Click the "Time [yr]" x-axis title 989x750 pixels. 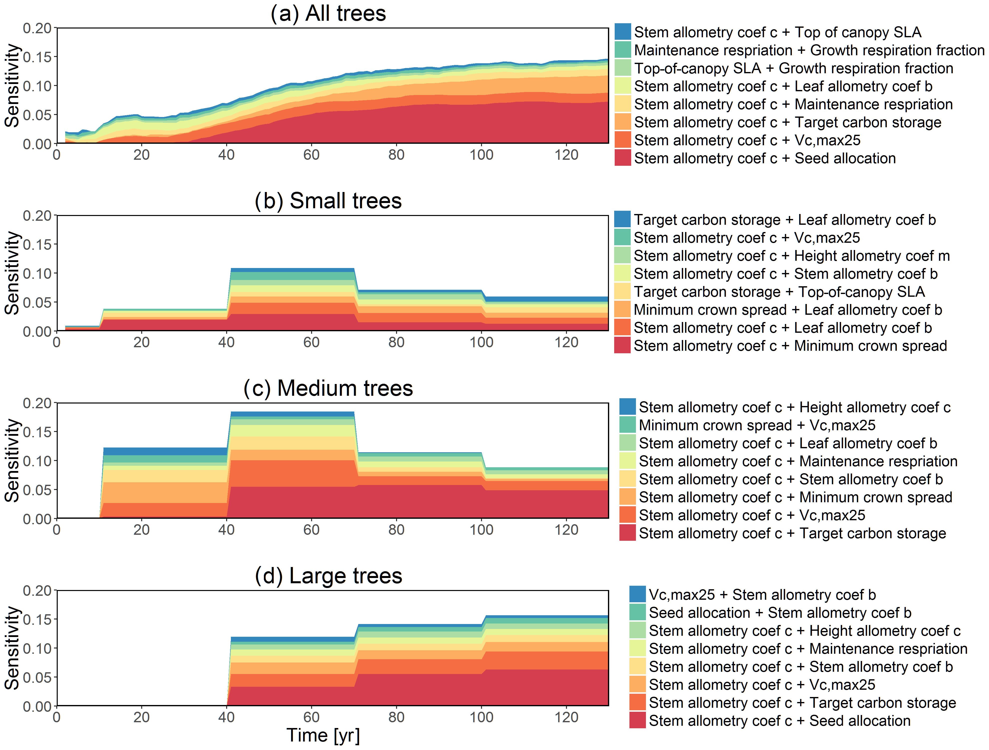pos(323,735)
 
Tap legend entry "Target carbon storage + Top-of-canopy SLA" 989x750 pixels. pos(779,291)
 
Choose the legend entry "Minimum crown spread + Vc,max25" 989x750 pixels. pos(757,425)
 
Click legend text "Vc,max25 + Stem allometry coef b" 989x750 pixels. pos(762,594)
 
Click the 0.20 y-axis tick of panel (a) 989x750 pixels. pos(37,28)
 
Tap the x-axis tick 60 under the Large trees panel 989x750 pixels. pos(311,717)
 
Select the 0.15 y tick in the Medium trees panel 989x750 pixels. pos(37,432)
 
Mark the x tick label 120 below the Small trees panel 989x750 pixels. pos(566,342)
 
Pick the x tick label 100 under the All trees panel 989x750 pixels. pos(481,155)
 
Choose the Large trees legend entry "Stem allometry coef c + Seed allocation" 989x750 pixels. pos(779,720)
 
